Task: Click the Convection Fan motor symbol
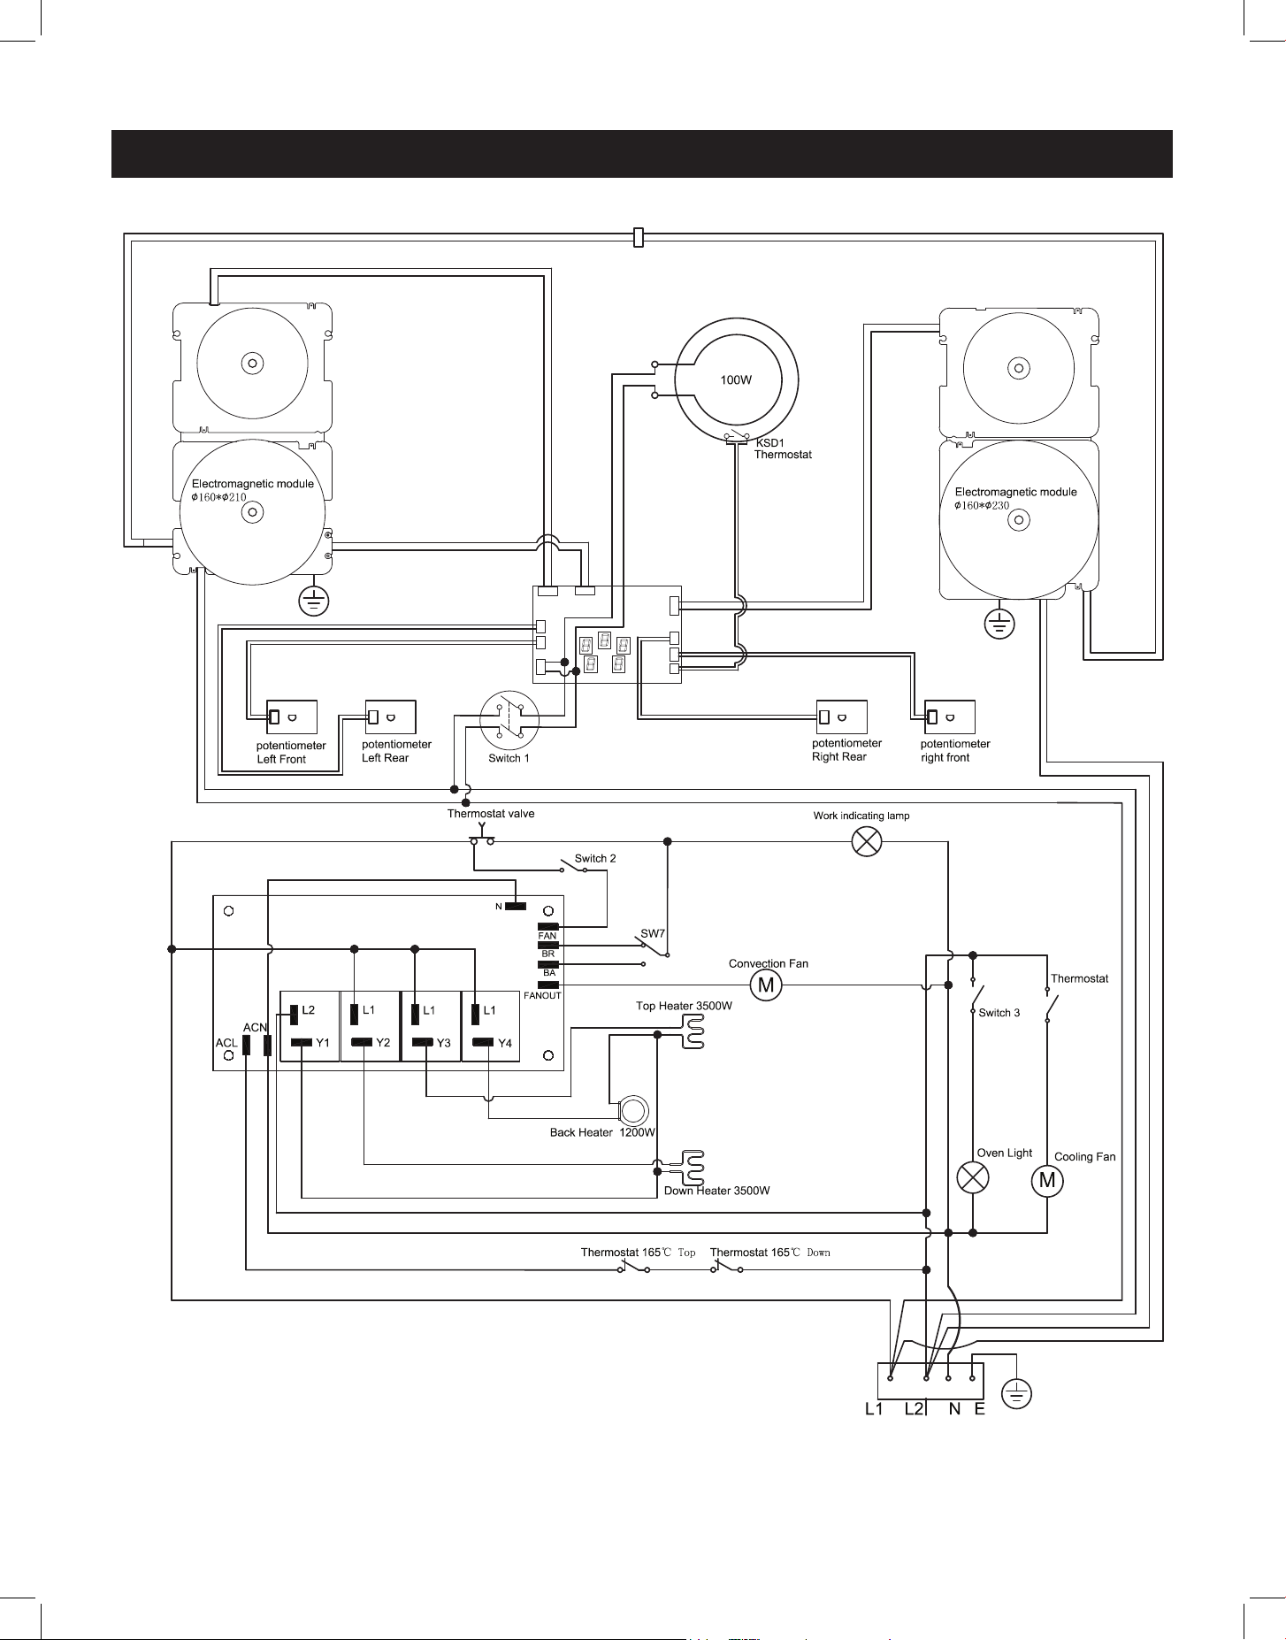coord(766,985)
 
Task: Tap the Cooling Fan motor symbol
coord(1047,1179)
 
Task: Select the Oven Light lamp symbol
coord(974,1178)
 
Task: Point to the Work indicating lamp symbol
coord(866,841)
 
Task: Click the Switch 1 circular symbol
coord(509,720)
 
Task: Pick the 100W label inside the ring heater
coord(736,379)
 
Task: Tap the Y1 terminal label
coord(323,1043)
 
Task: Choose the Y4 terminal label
coord(505,1043)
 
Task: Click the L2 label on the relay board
coord(308,1009)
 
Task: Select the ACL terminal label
coord(226,1043)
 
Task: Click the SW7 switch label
coord(652,934)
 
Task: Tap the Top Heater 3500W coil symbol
coord(693,1031)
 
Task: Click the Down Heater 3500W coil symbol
coord(693,1169)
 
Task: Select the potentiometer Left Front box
coord(292,717)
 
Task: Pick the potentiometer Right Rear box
coord(842,717)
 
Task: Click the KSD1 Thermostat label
coord(783,448)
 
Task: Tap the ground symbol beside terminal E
coord(1017,1395)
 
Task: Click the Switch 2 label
coord(595,858)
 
